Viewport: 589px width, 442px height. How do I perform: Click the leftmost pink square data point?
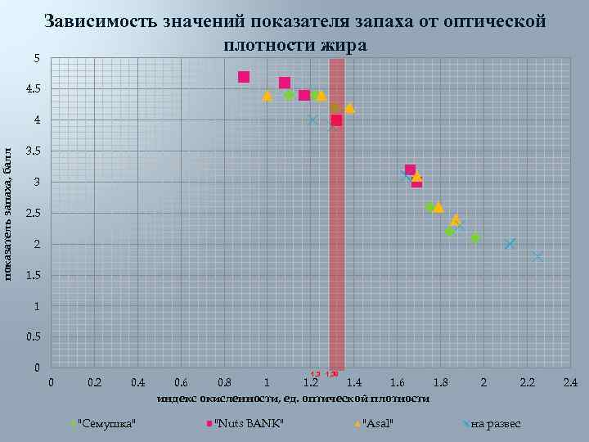coord(244,77)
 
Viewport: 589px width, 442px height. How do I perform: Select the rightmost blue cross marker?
coord(537,256)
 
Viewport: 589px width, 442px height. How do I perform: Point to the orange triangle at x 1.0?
coord(267,95)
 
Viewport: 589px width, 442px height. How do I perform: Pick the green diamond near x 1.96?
coord(475,237)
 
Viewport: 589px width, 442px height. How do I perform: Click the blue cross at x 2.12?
coord(510,244)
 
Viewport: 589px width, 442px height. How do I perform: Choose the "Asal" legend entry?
coord(378,423)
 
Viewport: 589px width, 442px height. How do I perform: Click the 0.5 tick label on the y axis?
coord(33,337)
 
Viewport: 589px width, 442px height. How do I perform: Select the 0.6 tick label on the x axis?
coord(181,382)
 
